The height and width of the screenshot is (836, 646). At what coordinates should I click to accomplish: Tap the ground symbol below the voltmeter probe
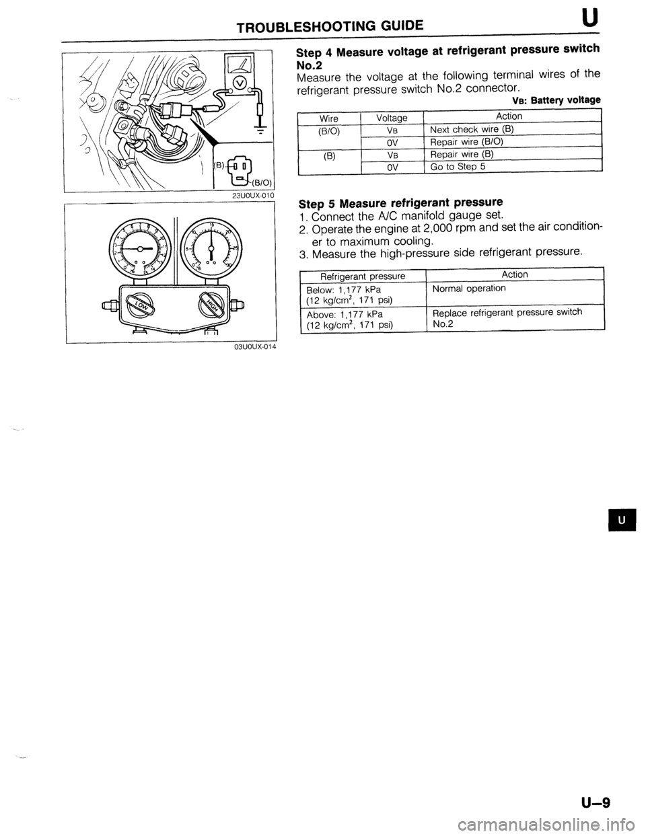coord(258,132)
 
